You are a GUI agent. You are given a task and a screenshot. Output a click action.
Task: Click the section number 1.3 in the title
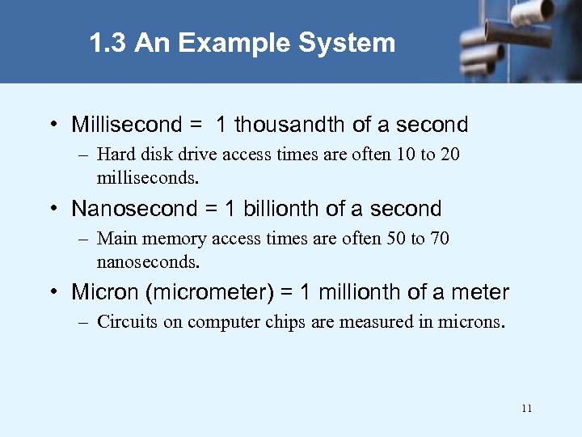coord(108,43)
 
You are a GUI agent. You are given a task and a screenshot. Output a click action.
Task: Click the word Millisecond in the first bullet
coord(127,125)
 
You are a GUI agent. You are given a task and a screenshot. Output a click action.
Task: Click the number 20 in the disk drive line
coord(449,154)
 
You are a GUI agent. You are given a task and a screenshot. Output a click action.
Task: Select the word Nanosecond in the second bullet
coord(134,209)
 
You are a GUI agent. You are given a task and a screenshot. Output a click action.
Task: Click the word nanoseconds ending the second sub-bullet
coord(148,261)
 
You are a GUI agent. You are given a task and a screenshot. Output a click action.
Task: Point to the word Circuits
coord(128,322)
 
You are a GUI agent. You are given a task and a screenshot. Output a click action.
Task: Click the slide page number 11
coord(526,409)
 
